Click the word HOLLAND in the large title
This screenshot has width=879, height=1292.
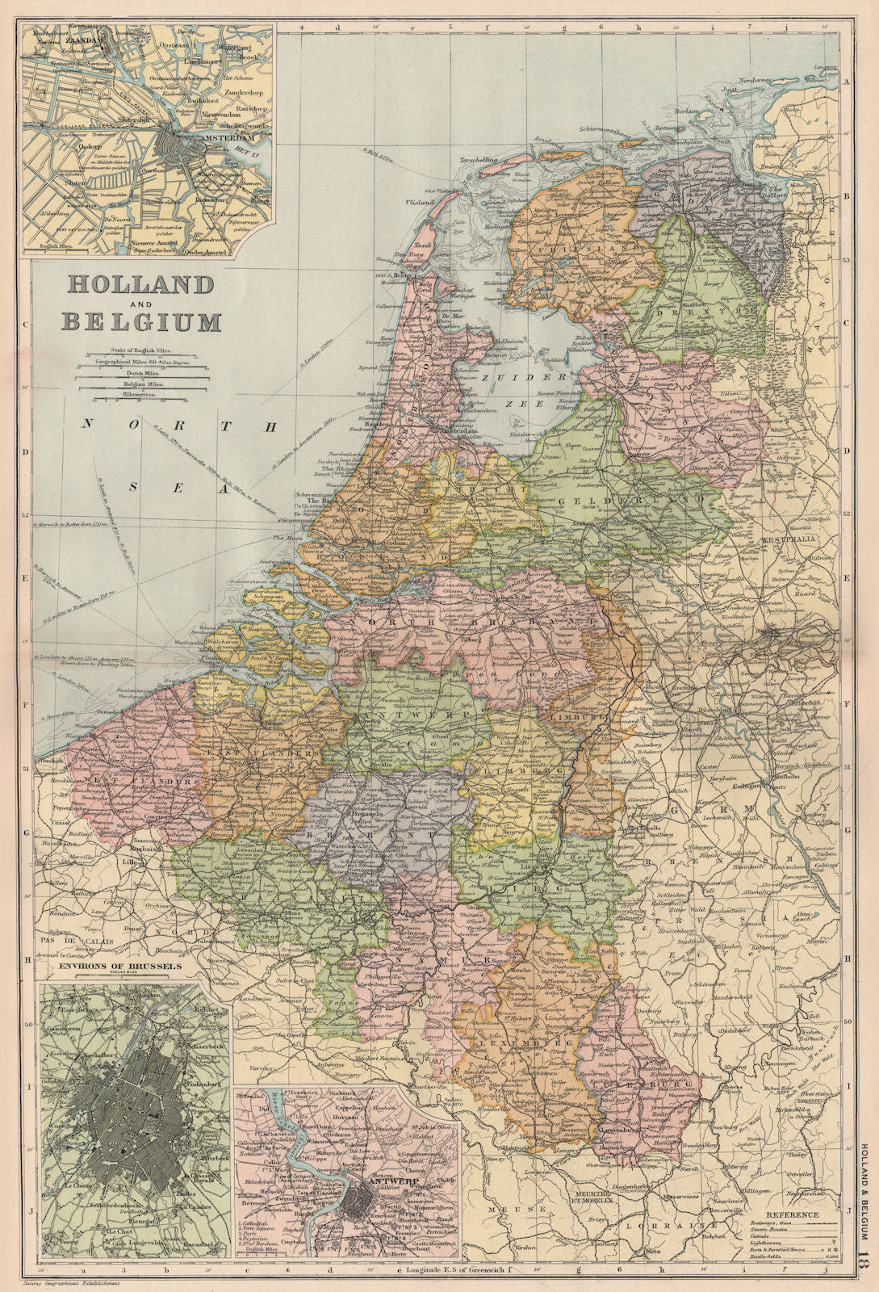pos(140,284)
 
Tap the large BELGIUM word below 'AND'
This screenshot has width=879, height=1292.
pos(142,322)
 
